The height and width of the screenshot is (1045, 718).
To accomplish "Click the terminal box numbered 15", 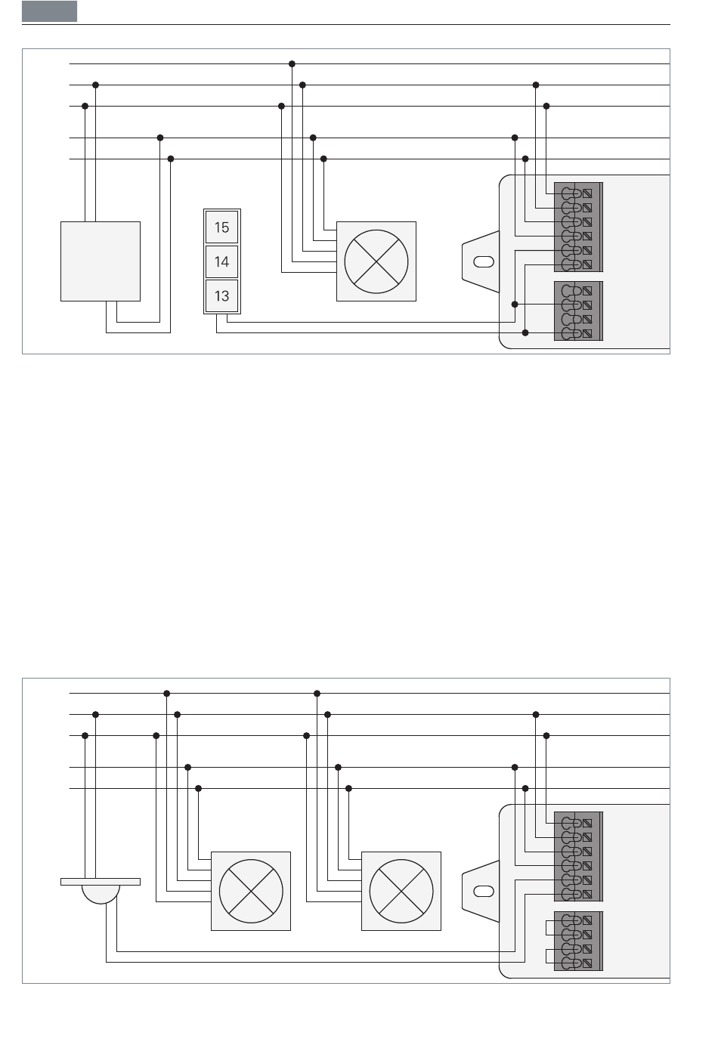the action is pos(222,227).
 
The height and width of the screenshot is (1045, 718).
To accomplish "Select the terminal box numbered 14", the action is pos(222,261).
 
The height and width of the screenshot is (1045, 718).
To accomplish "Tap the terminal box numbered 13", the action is pos(222,295).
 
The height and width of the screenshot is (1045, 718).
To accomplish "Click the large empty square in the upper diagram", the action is pos(101,261).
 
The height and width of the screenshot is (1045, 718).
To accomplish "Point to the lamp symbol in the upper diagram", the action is pos(376,261).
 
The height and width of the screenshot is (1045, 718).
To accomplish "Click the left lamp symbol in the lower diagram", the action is pos(251,891).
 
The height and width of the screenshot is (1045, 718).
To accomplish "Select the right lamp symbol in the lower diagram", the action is pos(401,891).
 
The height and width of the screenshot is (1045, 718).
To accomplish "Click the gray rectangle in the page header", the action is pos(49,11).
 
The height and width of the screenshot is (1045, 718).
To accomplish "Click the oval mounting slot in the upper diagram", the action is pos(484,261).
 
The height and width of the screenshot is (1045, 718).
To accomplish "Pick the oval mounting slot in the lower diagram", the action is pos(484,891).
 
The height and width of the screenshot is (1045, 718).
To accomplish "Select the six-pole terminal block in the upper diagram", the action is pos(578,227).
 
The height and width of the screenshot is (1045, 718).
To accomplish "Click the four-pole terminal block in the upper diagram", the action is pos(578,311).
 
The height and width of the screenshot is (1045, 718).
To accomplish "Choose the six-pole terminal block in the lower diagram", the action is pos(578,857).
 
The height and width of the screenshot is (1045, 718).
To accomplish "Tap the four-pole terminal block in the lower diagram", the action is pos(578,941).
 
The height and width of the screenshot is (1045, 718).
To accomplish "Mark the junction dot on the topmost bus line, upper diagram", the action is pos(292,64).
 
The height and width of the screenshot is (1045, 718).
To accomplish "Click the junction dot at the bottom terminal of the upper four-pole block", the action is pos(525,332).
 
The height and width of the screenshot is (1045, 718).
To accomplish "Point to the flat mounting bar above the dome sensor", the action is pos(101,882).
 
